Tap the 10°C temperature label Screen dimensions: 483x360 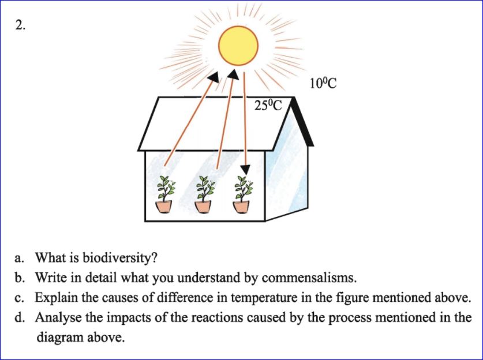tap(323, 84)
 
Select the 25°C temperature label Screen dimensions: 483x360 tap(268, 106)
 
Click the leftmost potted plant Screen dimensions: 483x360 tap(164, 194)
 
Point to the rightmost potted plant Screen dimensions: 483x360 tap(242, 194)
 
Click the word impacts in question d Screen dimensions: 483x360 tap(123, 318)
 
